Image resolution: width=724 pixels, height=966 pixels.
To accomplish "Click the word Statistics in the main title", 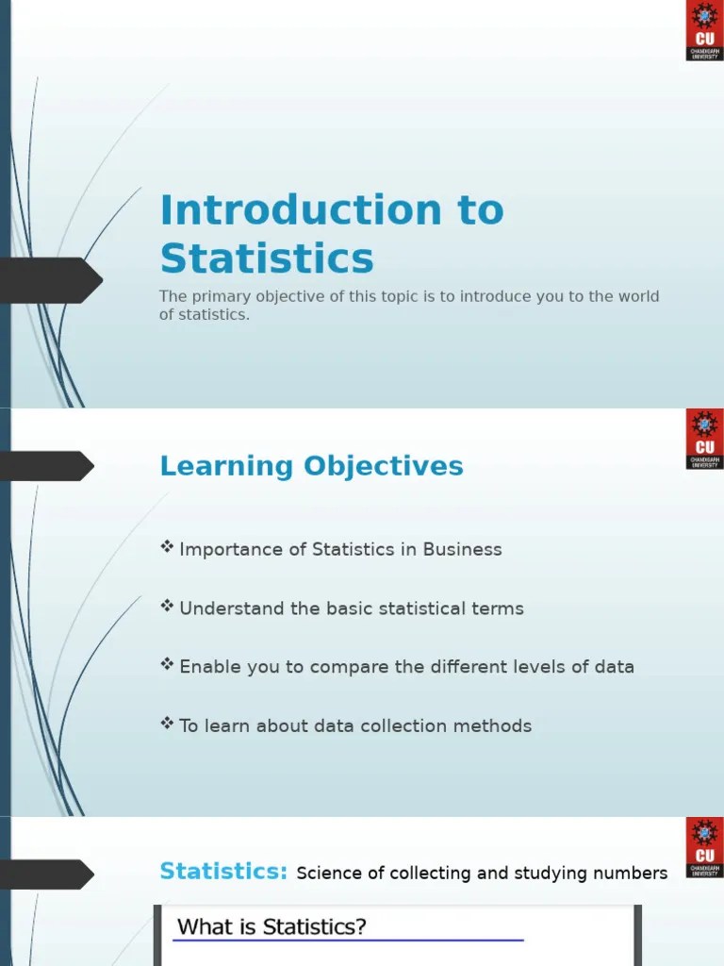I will (x=267, y=258).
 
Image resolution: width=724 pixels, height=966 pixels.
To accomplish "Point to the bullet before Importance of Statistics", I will (x=168, y=547).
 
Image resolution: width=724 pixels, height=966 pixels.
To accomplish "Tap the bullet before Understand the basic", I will (x=168, y=607).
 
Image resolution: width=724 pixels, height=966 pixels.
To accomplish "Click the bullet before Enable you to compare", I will (x=168, y=665).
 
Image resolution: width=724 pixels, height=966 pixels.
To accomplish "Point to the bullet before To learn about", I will (x=168, y=724).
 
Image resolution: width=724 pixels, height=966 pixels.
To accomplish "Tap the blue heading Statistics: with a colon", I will (x=223, y=871).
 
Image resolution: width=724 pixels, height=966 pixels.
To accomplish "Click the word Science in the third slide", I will (x=329, y=874).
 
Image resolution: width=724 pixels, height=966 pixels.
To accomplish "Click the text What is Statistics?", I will (x=271, y=927).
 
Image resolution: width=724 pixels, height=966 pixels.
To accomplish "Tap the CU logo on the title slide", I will (x=704, y=31).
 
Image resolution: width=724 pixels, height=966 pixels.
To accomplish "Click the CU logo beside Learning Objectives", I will (x=704, y=439).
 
